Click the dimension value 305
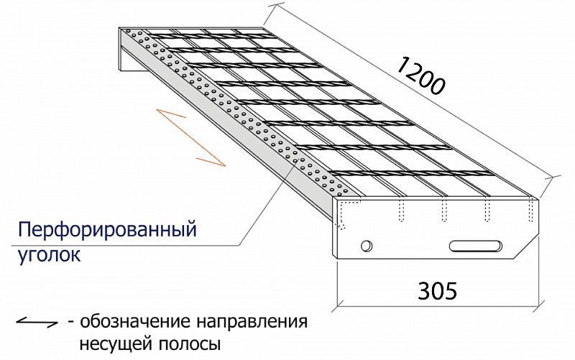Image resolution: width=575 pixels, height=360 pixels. click(437, 290)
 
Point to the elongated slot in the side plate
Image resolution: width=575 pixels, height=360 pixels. click(476, 246)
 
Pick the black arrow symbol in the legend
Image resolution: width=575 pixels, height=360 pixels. click(37, 322)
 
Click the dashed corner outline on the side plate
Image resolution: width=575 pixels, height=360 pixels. click(344, 212)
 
